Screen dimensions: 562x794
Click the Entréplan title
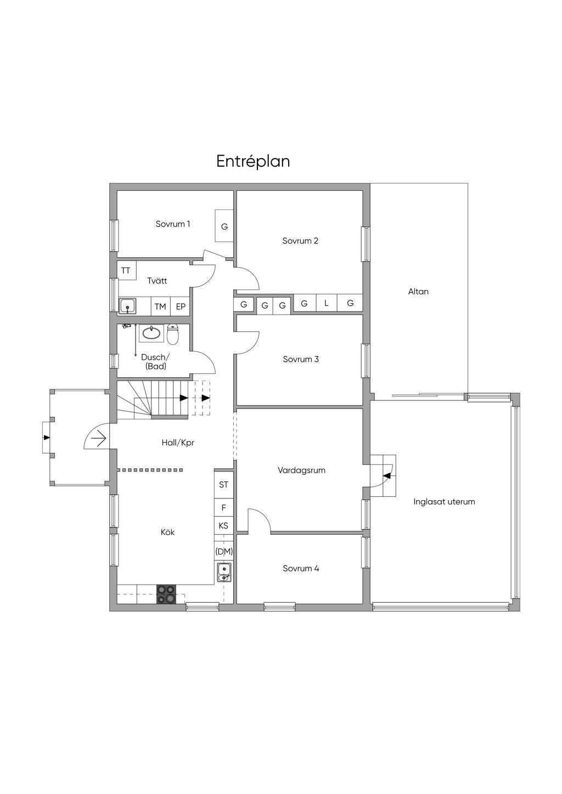[253, 162]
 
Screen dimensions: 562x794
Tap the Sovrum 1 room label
[173, 224]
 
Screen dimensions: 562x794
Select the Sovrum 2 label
[300, 241]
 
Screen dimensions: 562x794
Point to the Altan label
[418, 291]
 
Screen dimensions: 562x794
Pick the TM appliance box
[160, 307]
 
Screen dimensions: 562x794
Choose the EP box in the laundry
[181, 307]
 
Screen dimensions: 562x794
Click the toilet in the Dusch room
[172, 334]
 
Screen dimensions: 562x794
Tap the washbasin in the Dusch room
[151, 333]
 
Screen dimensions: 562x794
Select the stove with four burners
[166, 594]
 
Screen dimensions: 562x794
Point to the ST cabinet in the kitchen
[223, 484]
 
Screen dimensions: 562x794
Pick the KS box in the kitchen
[223, 525]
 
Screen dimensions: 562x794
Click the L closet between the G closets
[327, 303]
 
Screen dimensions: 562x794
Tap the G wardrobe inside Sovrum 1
[224, 226]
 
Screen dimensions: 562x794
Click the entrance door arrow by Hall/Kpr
[99, 440]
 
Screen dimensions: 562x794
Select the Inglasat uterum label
[444, 502]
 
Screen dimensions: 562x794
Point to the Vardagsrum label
[301, 470]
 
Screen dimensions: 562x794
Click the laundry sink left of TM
[127, 305]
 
